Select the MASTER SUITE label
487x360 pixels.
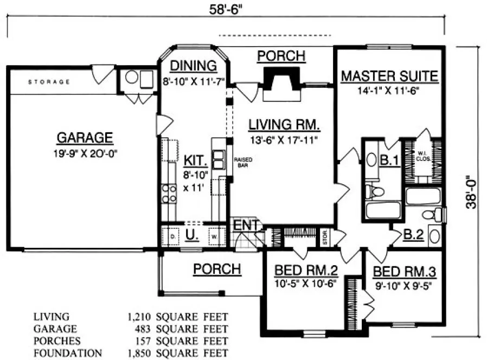[x=389, y=76]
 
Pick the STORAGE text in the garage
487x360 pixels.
[x=49, y=82]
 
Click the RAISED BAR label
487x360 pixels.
[x=241, y=162]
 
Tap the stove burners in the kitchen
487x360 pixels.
[x=169, y=194]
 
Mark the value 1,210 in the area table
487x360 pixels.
[x=138, y=316]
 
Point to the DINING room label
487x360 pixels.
[x=193, y=66]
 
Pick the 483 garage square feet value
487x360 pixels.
[x=142, y=329]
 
